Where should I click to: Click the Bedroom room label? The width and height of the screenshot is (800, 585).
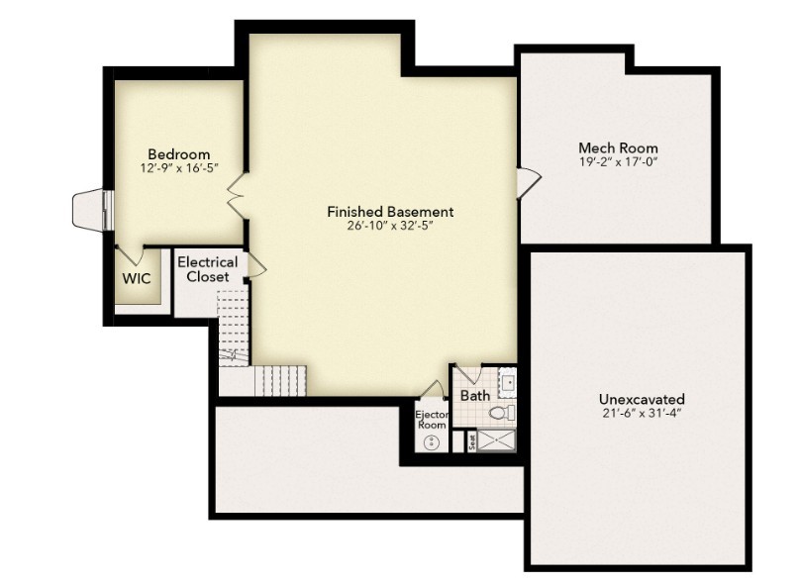(x=178, y=154)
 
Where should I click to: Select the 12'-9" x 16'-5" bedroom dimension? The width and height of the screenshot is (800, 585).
(x=178, y=168)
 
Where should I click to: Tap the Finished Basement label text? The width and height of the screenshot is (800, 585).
(x=390, y=212)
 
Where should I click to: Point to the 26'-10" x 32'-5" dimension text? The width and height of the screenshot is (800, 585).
(x=390, y=226)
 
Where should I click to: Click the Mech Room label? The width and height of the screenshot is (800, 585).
(x=618, y=148)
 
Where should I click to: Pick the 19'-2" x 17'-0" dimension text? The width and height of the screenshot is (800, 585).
(x=618, y=161)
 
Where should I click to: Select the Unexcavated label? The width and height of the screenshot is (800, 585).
(x=641, y=399)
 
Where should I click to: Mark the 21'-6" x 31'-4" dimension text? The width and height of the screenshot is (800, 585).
(x=641, y=413)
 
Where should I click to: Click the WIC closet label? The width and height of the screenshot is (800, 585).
(x=136, y=279)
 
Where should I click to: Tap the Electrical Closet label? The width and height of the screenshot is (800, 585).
(x=207, y=269)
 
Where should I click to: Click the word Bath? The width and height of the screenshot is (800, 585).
(x=475, y=396)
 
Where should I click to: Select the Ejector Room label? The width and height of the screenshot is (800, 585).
(x=432, y=419)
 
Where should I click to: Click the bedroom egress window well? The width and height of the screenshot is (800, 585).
(x=89, y=209)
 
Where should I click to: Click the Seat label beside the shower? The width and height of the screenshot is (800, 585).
(x=471, y=440)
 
